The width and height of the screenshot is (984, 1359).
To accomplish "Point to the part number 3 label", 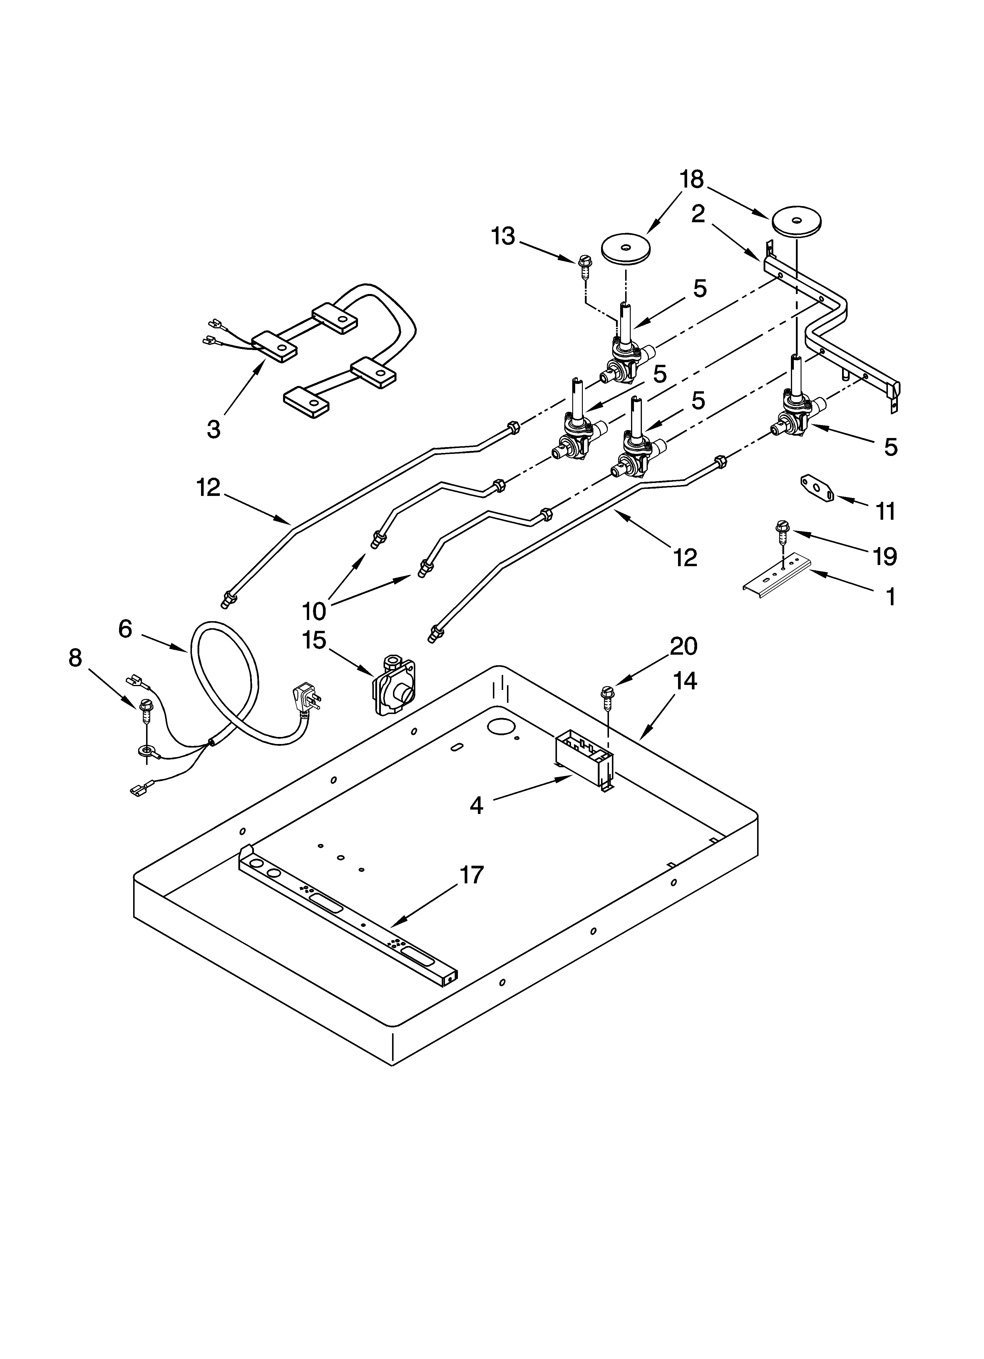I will (x=213, y=429).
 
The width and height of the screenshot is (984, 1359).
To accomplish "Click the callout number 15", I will (x=314, y=640).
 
